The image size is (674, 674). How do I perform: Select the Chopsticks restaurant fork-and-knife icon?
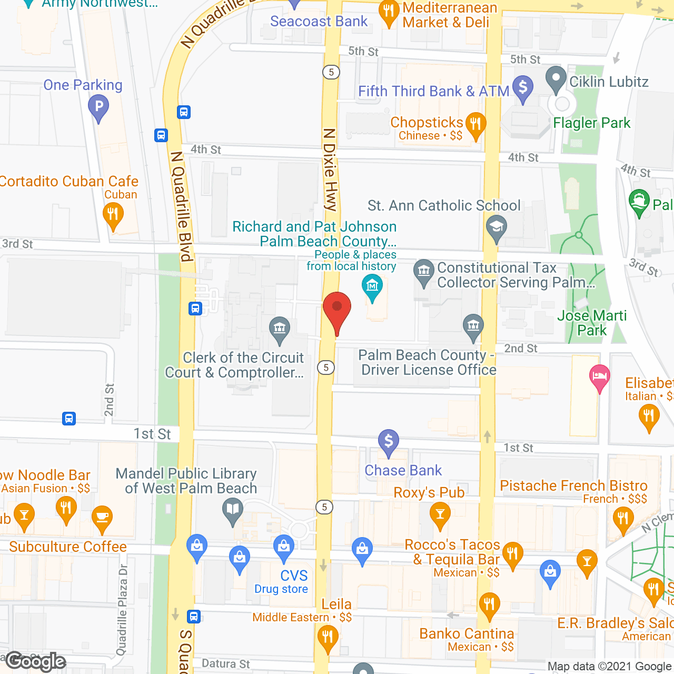coord(475,125)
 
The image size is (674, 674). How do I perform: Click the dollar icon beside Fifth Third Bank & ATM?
coord(522,87)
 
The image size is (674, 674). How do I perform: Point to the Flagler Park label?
coord(591,123)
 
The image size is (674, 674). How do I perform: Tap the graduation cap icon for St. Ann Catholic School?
coord(496,227)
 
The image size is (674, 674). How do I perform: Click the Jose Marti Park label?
coord(592,323)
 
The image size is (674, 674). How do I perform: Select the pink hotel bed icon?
coord(600,377)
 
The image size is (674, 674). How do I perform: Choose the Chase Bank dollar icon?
coord(388,441)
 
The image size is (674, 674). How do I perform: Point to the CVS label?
coord(294,576)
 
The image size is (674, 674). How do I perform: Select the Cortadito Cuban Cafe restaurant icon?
coord(113,215)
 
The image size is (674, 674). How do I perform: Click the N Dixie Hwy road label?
coord(330,170)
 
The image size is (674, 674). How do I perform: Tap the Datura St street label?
coord(226,663)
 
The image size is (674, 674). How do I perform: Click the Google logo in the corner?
coord(36,661)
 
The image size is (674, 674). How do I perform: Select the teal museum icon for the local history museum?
coord(373,286)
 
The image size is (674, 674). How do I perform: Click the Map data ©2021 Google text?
coord(609,667)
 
